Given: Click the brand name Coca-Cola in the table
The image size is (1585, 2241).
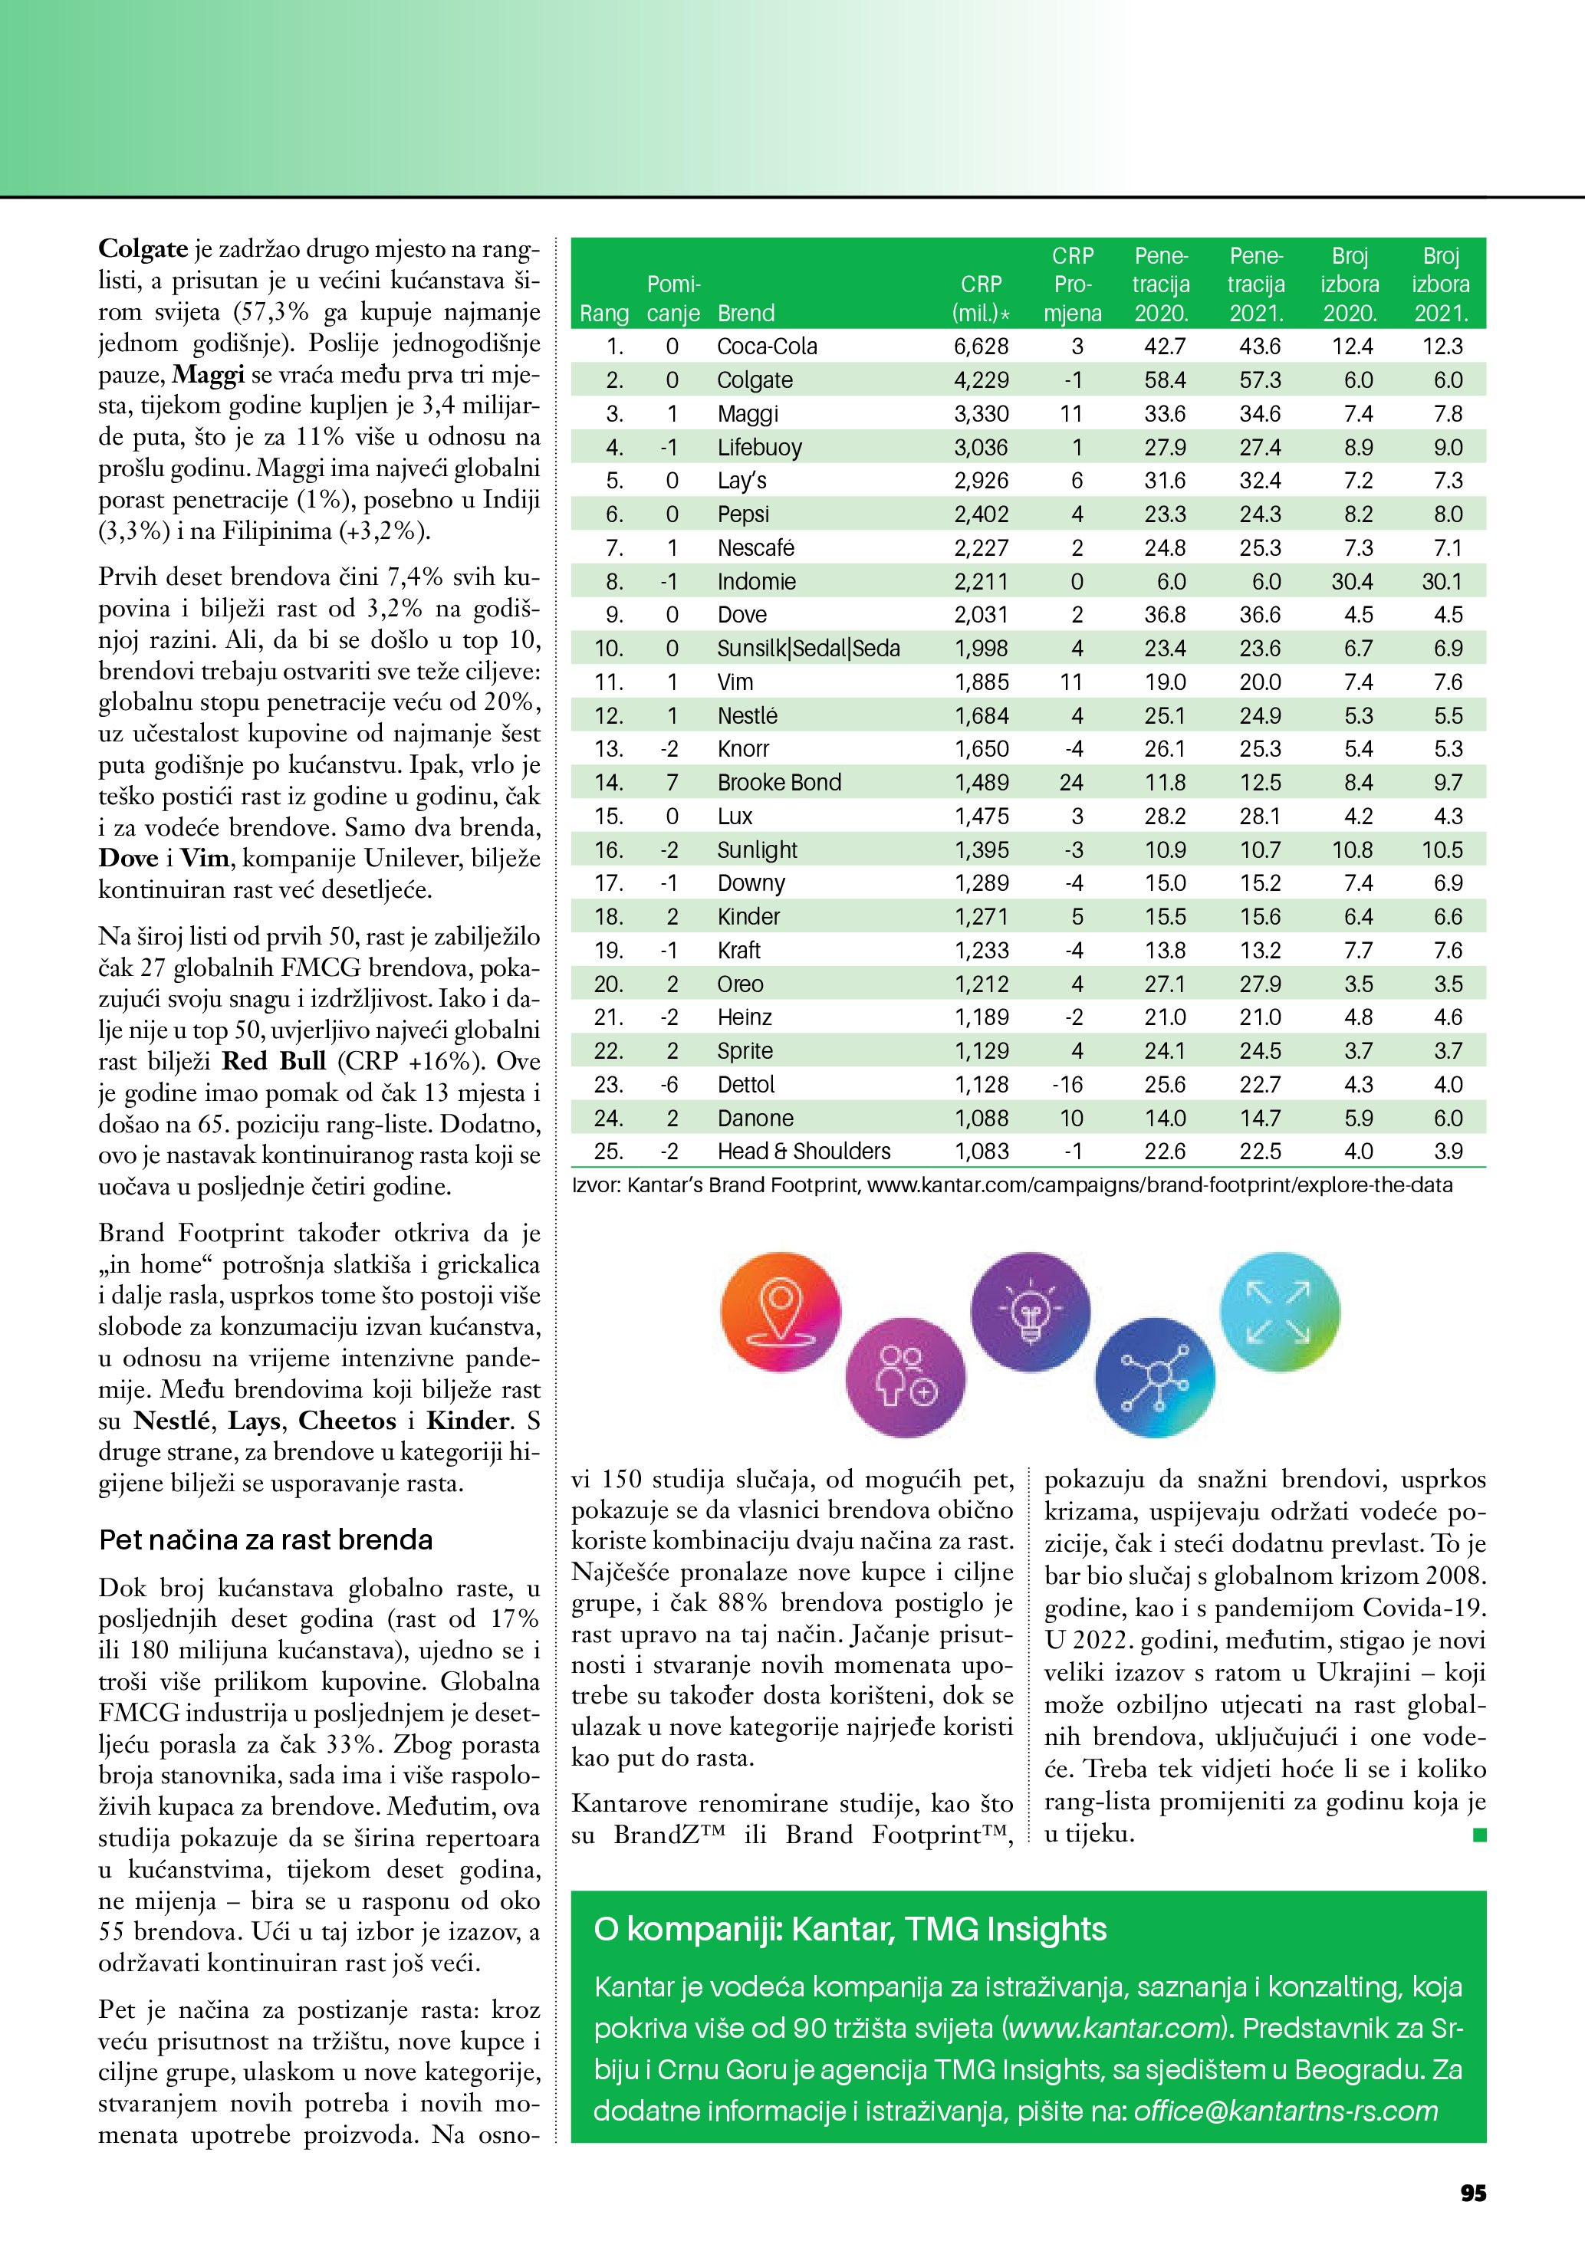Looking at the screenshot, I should [766, 347].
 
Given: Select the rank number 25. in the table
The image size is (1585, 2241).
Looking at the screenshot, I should [608, 1152].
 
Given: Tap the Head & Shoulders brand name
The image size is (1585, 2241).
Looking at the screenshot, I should [804, 1152].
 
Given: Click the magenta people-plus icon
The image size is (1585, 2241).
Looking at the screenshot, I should [905, 1377].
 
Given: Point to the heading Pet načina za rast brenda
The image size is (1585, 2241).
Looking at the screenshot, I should [265, 1539].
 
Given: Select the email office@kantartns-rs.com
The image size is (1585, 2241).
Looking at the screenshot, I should [1285, 2111].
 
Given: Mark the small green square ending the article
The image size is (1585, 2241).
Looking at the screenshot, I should [1478, 1835].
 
